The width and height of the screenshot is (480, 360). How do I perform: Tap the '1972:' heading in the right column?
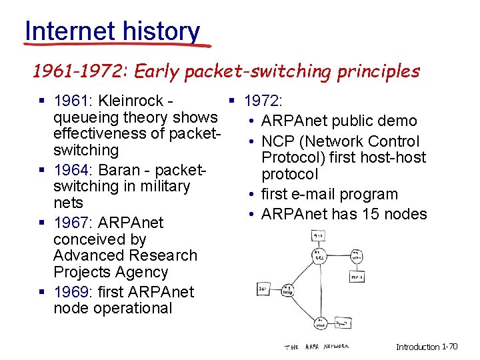point(263,101)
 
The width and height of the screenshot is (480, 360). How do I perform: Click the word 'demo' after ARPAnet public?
point(399,121)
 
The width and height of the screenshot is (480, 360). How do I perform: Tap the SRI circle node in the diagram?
point(318,255)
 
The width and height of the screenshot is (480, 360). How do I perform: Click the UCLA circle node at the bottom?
point(321,324)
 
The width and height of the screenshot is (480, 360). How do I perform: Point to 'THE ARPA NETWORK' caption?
point(317,347)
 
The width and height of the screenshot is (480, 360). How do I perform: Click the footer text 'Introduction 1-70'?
point(427,347)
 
